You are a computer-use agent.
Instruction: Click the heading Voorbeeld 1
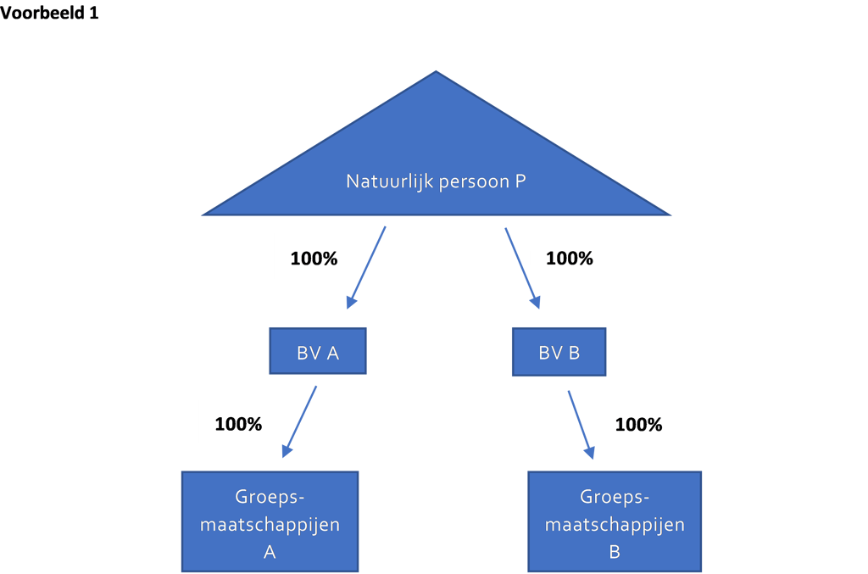tap(49, 12)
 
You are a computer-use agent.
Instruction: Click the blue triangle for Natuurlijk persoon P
tap(437, 166)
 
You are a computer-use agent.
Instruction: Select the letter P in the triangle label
tap(520, 181)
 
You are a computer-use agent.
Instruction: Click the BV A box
tap(318, 352)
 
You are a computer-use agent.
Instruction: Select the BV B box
tap(559, 352)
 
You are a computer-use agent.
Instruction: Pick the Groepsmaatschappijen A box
tap(270, 521)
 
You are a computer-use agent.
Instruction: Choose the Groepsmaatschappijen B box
tap(615, 521)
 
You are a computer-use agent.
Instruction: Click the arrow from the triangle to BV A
tap(366, 267)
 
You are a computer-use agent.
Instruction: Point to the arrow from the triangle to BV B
tap(522, 268)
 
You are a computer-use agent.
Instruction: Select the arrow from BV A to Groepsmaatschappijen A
tap(299, 421)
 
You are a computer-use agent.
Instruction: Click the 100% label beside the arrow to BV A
tap(314, 259)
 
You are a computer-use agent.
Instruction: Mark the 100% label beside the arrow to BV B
tap(570, 259)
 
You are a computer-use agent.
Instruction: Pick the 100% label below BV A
tap(238, 424)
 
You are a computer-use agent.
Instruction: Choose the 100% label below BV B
tap(639, 425)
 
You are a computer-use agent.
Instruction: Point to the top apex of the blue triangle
tap(437, 71)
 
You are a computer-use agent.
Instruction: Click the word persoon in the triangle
tap(474, 182)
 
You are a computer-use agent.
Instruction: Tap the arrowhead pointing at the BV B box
tap(536, 302)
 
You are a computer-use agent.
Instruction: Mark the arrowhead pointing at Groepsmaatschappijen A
tap(287, 450)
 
